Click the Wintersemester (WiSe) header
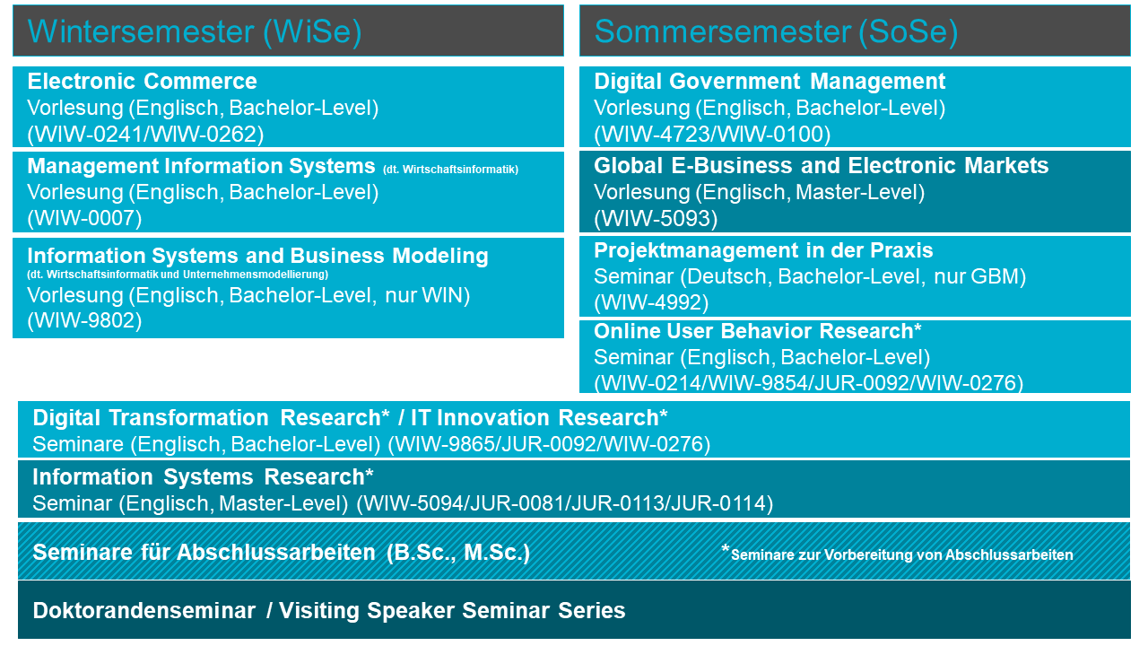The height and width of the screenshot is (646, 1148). tap(195, 31)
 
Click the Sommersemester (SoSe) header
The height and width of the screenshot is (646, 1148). tap(776, 31)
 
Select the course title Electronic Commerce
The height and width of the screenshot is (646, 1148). tap(142, 81)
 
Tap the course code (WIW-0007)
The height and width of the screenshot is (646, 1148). tap(84, 218)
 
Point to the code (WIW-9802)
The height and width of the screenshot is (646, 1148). tap(84, 320)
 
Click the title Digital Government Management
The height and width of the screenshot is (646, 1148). tap(770, 81)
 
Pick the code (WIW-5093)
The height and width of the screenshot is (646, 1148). tap(656, 219)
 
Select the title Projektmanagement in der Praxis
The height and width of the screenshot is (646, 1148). tap(763, 250)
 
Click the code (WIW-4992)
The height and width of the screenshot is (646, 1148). tap(651, 302)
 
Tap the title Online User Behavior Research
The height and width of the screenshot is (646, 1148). tap(754, 331)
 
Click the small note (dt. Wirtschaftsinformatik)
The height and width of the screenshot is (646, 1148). tap(450, 170)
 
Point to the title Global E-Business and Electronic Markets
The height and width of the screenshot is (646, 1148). tap(822, 166)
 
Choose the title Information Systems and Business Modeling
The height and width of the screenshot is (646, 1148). tap(257, 256)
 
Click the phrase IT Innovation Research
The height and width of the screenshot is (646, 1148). tap(535, 417)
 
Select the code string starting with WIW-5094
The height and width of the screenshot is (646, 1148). tap(565, 503)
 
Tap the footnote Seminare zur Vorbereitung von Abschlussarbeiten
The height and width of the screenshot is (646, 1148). tap(901, 554)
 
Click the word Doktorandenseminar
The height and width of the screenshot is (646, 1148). tap(144, 611)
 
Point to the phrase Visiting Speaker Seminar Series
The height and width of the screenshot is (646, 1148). tap(452, 611)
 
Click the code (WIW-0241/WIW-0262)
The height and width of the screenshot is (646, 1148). tap(145, 135)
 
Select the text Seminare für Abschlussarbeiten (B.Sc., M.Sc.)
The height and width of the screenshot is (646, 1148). tap(282, 553)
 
